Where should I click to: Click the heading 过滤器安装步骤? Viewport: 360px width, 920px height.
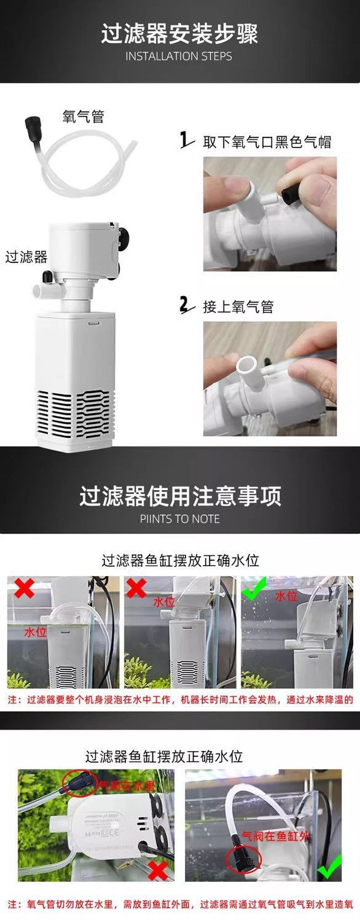179,34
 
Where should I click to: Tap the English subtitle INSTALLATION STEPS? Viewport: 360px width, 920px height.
179,57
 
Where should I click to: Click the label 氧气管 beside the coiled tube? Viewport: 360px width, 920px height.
83,117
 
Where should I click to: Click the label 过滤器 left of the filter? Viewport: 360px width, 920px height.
26,256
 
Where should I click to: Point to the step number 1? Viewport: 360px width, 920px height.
184,141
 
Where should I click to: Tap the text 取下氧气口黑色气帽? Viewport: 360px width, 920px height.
267,142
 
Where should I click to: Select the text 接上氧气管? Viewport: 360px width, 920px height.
238,306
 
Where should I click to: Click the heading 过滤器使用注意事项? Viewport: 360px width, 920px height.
179,496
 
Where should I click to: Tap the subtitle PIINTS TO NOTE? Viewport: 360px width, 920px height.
179,519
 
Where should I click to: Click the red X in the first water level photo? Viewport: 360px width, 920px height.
25,588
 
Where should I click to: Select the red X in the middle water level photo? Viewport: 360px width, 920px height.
136,588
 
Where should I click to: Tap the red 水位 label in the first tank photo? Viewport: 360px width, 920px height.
35,632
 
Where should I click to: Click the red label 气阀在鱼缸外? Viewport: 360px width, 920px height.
268,836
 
